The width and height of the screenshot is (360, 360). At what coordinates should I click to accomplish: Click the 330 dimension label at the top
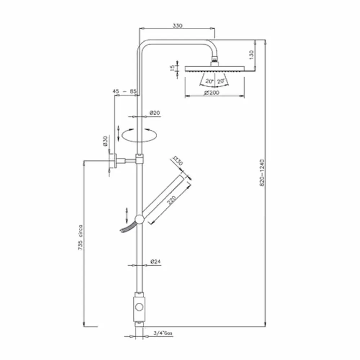(177, 26)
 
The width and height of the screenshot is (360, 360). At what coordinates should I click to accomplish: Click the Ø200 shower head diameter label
(211, 93)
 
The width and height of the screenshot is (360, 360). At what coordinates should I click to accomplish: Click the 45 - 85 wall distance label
(124, 92)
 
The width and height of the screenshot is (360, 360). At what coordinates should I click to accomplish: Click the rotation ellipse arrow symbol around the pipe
(140, 135)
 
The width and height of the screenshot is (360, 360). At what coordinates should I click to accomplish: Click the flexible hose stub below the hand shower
(126, 229)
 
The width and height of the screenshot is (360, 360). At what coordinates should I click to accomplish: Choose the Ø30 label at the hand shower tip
(178, 161)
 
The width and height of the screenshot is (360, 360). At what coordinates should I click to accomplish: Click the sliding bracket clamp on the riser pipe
(139, 158)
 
